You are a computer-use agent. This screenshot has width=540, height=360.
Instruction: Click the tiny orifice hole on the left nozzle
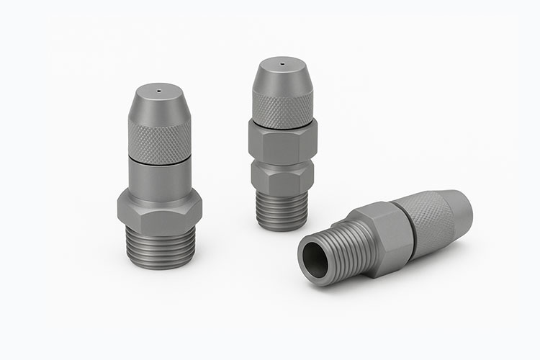158,91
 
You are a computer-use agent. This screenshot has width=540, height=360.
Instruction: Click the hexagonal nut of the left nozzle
160,210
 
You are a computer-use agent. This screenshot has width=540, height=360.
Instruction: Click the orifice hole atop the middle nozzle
282,64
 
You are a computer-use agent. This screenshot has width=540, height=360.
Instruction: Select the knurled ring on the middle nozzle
283,107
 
